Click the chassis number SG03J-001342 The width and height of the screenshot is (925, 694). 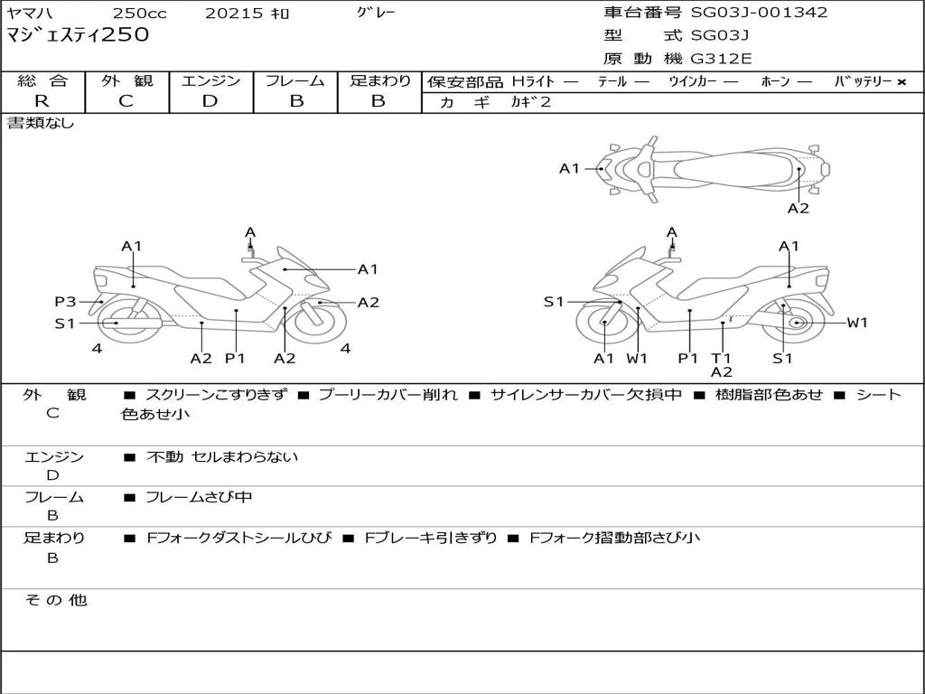click(759, 13)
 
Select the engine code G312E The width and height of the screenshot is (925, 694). click(722, 59)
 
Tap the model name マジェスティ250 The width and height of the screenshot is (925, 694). click(78, 35)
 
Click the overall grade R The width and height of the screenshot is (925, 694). click(42, 101)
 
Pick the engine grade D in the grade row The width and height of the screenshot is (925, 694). click(210, 101)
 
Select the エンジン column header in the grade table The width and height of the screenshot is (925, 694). click(210, 81)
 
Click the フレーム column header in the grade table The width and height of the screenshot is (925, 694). click(295, 81)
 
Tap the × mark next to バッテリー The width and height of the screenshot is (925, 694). click(901, 82)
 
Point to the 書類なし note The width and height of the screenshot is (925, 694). click(42, 123)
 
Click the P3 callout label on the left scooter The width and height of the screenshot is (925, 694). click(65, 302)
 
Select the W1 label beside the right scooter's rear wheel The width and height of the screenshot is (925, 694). click(856, 323)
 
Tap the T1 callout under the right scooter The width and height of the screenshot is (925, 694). click(721, 358)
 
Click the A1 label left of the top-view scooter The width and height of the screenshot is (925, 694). click(569, 168)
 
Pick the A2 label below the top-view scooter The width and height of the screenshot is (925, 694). click(798, 208)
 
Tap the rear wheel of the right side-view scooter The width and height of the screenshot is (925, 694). click(797, 323)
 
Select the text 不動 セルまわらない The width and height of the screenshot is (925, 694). click(222, 457)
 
